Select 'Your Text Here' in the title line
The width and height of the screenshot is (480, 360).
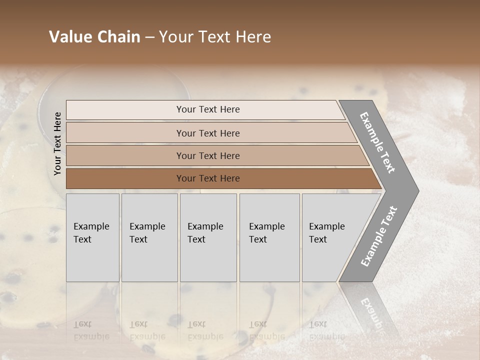click(215, 37)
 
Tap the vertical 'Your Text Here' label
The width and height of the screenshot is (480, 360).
click(57, 143)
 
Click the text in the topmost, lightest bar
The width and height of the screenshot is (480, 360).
click(208, 109)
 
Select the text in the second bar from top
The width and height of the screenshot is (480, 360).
click(208, 133)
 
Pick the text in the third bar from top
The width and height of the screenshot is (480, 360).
click(208, 156)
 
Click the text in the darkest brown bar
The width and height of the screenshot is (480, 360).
click(208, 178)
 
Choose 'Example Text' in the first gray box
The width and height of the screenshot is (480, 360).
click(91, 233)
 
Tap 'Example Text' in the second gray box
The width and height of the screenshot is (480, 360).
click(147, 233)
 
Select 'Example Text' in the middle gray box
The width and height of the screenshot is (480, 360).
click(205, 233)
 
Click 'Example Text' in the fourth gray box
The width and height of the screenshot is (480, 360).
click(266, 233)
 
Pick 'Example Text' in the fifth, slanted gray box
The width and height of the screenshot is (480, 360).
click(326, 233)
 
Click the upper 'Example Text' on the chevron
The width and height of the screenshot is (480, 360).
click(378, 142)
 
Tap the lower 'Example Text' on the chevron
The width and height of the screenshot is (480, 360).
click(379, 236)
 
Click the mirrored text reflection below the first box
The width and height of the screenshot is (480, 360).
click(91, 330)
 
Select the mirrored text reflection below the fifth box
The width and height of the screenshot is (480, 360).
click(326, 330)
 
